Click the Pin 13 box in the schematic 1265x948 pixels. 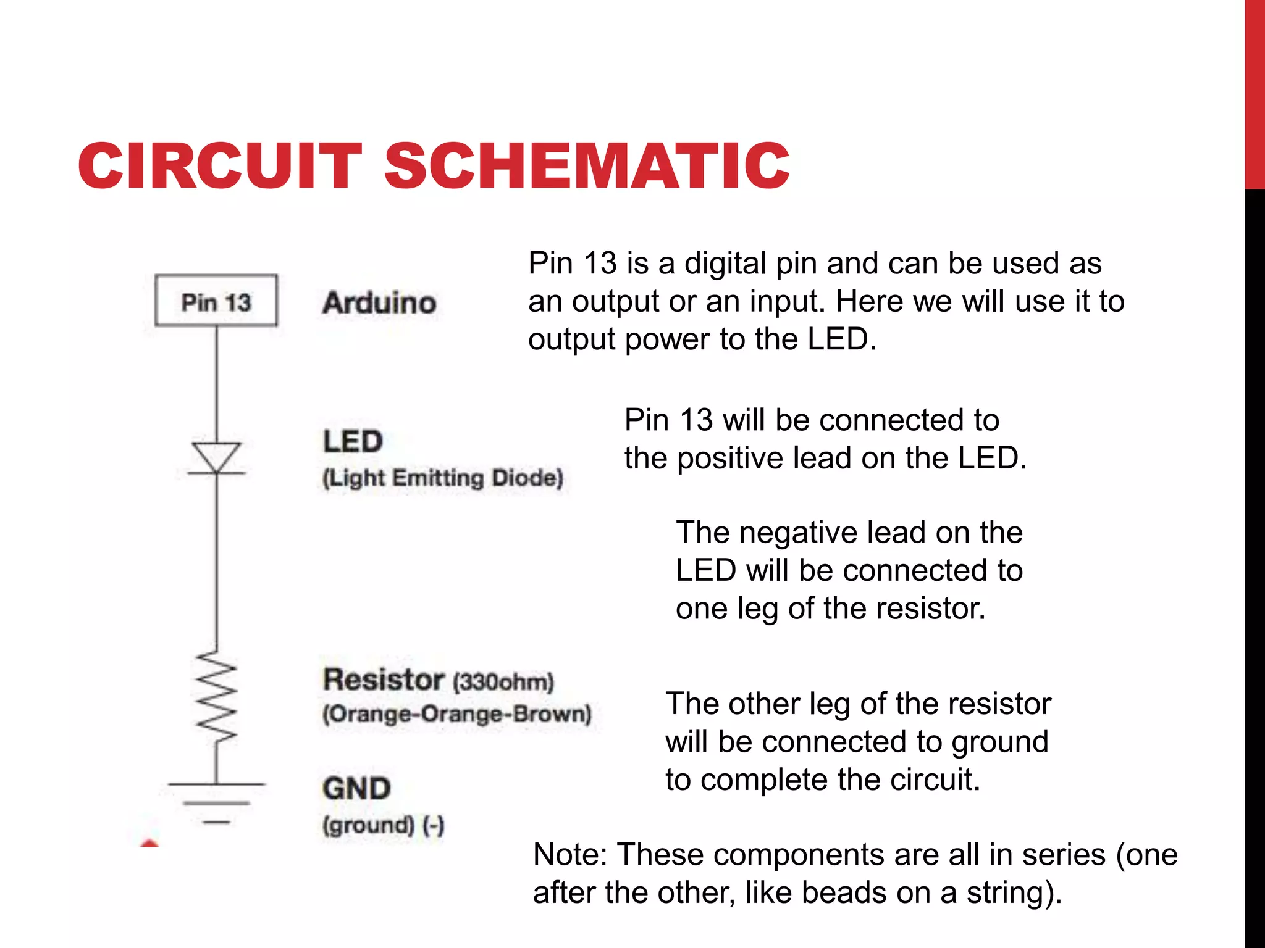tap(216, 301)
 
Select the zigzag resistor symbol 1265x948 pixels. tap(216, 696)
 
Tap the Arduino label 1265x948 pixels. tap(379, 302)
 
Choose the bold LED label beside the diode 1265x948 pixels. tap(353, 442)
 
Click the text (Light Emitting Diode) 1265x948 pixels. tap(443, 478)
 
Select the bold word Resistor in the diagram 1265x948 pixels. tap(384, 680)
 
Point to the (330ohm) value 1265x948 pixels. tap(503, 683)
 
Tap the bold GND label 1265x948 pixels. tap(356, 789)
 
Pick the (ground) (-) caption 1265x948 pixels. tap(383, 825)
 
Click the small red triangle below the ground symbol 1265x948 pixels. tap(149, 842)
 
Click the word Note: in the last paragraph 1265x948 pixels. tap(571, 855)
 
